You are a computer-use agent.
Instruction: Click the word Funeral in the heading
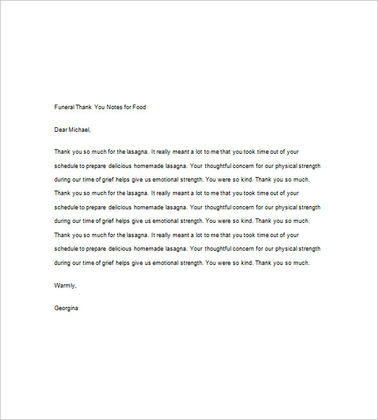click(65, 107)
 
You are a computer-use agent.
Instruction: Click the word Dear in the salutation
click(61, 130)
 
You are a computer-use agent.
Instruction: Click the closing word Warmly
click(65, 285)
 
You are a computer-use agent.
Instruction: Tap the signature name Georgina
click(67, 308)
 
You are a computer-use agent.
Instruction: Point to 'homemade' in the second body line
click(152, 166)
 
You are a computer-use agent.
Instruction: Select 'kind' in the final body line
click(244, 263)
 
